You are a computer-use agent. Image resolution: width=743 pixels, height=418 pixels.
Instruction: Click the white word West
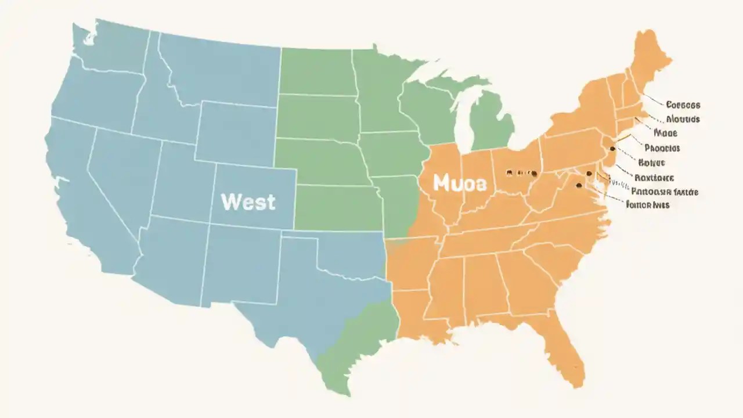[248, 202]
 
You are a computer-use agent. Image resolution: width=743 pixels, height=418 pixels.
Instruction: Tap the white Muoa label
[459, 183]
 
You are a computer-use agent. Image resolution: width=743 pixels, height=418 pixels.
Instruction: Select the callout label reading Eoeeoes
[683, 105]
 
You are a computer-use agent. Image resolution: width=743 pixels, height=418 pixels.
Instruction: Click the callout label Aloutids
[682, 119]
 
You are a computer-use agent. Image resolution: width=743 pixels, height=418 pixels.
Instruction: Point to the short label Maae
[665, 133]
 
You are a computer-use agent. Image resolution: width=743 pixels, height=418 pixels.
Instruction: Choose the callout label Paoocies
[662, 148]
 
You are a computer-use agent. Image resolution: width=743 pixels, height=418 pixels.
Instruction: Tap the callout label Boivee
[651, 163]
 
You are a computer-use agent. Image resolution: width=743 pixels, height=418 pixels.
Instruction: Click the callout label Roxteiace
[654, 177]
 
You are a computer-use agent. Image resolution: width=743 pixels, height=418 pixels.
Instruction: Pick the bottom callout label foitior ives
[648, 204]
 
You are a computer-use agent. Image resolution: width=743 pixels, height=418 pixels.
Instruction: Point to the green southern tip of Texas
[342, 366]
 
